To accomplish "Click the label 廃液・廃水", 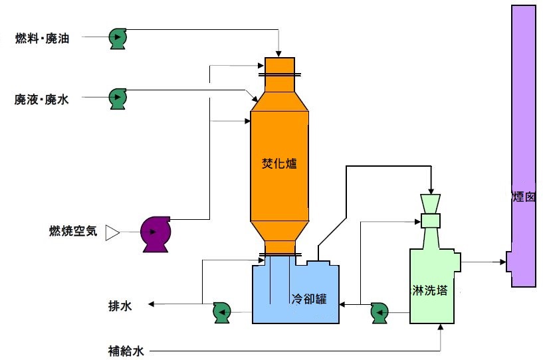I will point(41,99).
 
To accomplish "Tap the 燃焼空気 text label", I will point(74,232).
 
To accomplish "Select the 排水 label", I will point(120,306).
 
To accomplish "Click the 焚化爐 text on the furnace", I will point(278,163).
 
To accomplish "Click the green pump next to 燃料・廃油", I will point(119,39).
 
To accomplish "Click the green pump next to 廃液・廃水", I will point(118,99).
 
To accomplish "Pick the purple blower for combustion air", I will point(156,233).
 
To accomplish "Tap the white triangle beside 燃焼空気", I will point(112,232).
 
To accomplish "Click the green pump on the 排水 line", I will point(221,310).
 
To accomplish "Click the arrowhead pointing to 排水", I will point(152,305).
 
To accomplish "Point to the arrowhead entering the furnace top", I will point(279,54).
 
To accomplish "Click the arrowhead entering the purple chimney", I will point(502,262).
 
